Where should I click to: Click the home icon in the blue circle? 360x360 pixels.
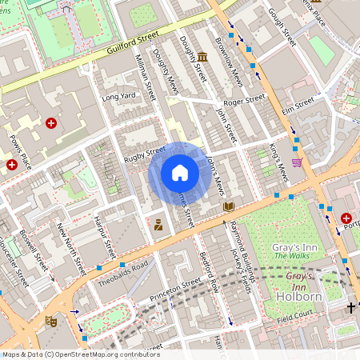coord(180,173)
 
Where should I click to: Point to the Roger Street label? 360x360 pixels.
coord(243,102)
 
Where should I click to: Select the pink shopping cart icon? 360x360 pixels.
coord(297,162)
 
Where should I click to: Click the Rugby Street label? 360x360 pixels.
coord(144,152)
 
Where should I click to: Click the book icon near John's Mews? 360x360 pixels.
coord(229,206)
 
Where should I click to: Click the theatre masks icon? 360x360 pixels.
coord(50,321)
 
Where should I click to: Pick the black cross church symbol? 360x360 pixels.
coord(350,307)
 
